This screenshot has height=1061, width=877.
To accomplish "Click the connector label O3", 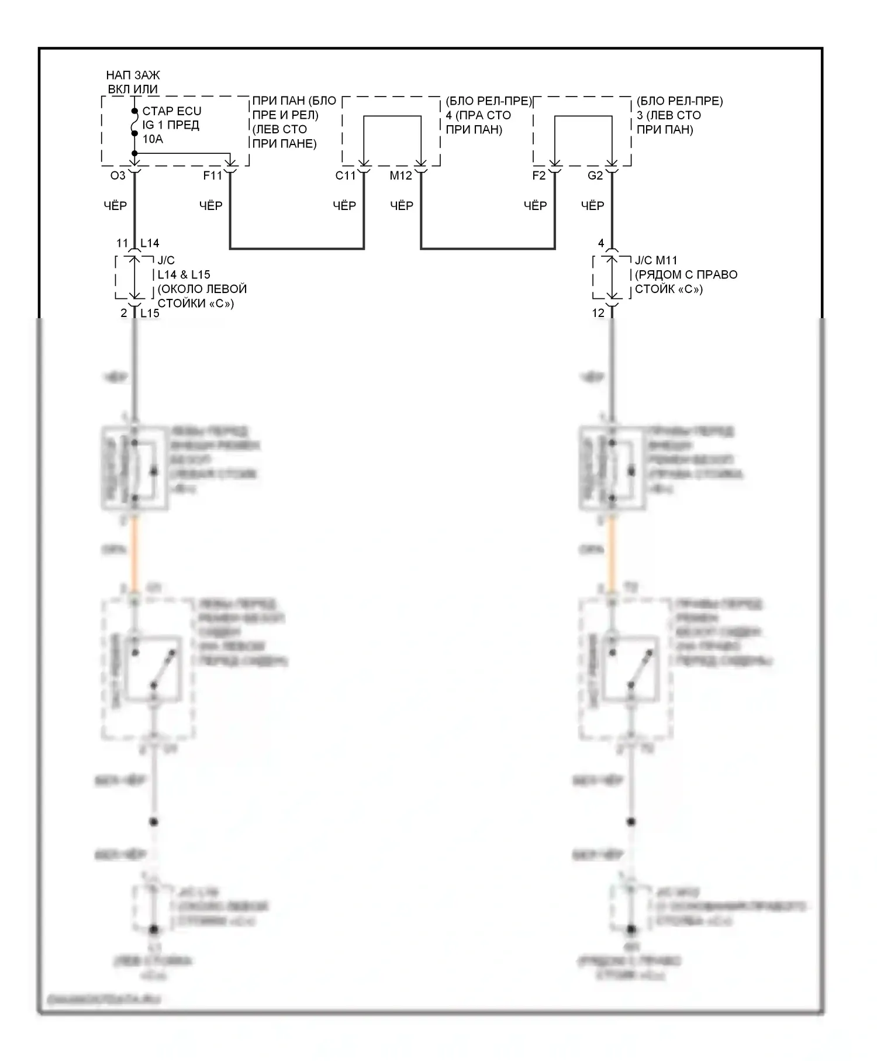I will pyautogui.click(x=118, y=175).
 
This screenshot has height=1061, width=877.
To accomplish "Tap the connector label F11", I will pyautogui.click(x=213, y=175).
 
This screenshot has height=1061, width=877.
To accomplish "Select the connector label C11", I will pyautogui.click(x=346, y=175).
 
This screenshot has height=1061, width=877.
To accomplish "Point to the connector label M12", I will pyautogui.click(x=401, y=175).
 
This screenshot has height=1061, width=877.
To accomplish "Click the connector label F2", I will pyautogui.click(x=538, y=175).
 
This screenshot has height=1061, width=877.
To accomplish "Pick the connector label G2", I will pyautogui.click(x=595, y=175).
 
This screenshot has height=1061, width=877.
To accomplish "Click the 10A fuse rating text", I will pyautogui.click(x=153, y=139).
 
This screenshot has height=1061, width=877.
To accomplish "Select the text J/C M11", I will pyautogui.click(x=656, y=260).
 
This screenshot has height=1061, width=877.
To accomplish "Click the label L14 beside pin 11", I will pyautogui.click(x=150, y=243).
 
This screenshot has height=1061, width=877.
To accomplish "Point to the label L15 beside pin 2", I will pyautogui.click(x=150, y=313).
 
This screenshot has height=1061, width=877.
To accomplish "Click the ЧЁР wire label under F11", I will pyautogui.click(x=210, y=206).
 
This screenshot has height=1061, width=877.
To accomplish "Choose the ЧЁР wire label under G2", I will pyautogui.click(x=592, y=206).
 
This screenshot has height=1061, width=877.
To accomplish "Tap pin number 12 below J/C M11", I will pyautogui.click(x=598, y=313).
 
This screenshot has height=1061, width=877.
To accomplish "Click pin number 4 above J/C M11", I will pyautogui.click(x=601, y=243).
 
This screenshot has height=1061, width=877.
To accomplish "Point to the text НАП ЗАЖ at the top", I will pyautogui.click(x=133, y=75).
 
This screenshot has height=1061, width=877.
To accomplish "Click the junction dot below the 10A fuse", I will pyautogui.click(x=134, y=153).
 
